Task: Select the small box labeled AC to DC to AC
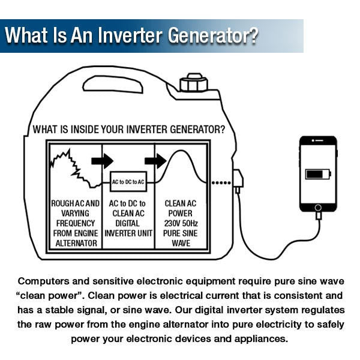point(128,181)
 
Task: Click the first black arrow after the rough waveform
point(103,160)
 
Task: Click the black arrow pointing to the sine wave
point(155,160)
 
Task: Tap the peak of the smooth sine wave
point(179,152)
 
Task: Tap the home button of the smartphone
point(318,208)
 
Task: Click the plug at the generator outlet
point(238,181)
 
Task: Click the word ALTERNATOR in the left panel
point(76,243)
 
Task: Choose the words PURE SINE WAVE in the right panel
point(181,238)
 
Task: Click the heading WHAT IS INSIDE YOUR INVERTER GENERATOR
point(129,129)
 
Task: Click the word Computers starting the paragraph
point(44,281)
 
